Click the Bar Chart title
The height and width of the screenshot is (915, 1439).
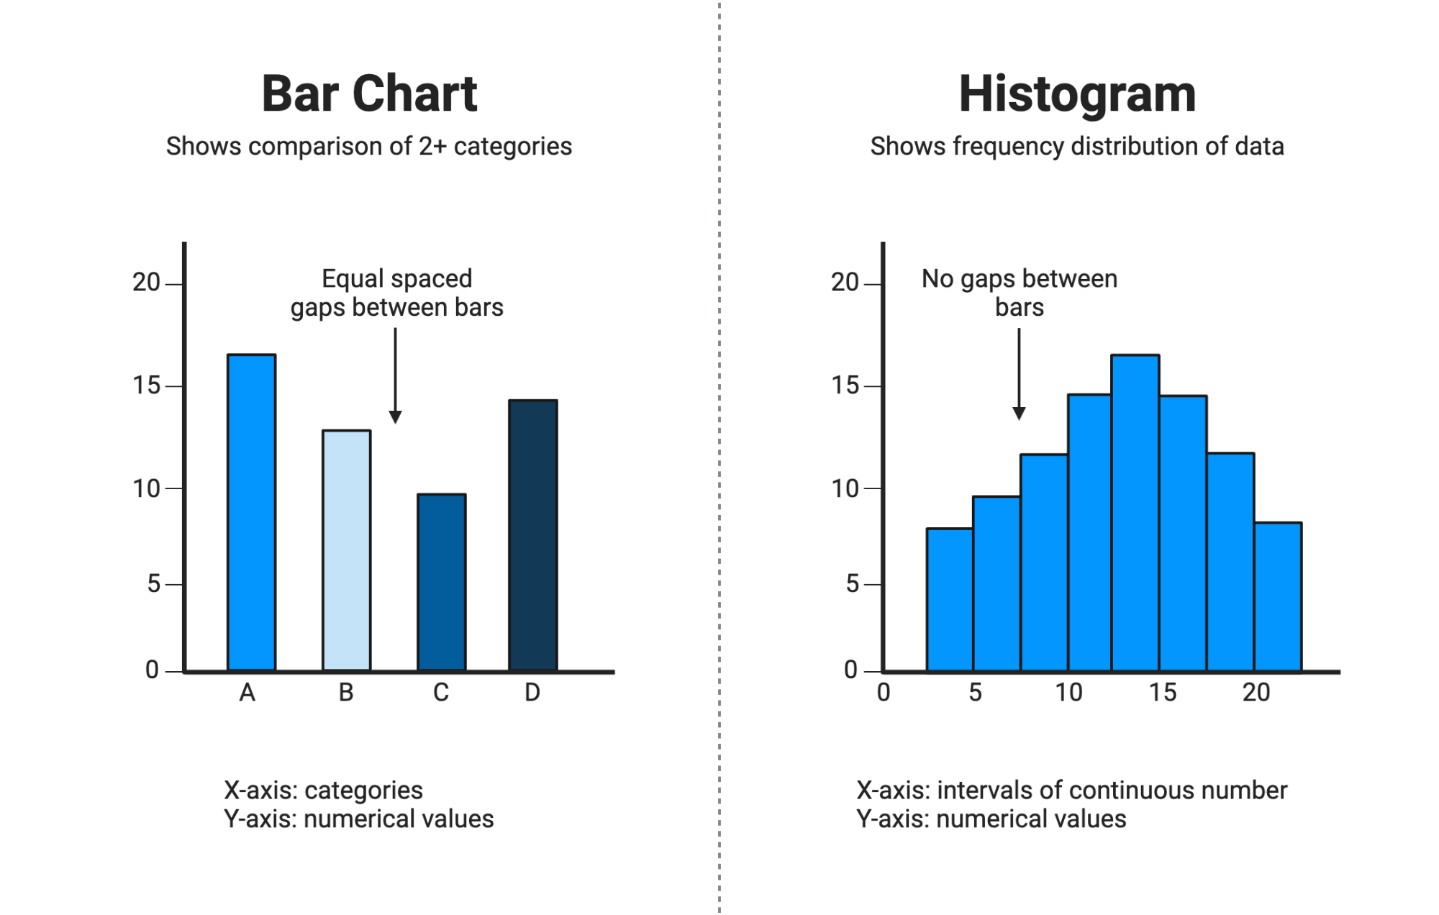tap(369, 94)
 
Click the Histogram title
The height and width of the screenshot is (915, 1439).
tap(1077, 94)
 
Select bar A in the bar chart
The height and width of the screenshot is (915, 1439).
tap(252, 513)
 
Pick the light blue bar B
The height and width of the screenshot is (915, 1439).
tap(347, 551)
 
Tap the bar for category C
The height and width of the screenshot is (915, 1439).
tap(442, 583)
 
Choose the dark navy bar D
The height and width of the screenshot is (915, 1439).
tap(533, 536)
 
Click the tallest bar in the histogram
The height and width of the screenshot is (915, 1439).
tap(1135, 513)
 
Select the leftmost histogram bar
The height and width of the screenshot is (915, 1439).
tap(950, 600)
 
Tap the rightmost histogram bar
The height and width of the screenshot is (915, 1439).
tap(1278, 597)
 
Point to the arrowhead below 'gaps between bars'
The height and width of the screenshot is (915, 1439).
tap(395, 417)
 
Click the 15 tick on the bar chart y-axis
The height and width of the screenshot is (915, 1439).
tap(147, 386)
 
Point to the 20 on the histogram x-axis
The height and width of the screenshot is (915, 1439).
tap(1256, 693)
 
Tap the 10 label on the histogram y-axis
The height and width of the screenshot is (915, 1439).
tap(845, 489)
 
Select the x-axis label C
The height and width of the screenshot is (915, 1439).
tap(441, 693)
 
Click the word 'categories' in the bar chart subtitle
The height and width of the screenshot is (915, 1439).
tap(512, 147)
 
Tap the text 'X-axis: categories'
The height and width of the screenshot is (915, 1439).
tap(323, 791)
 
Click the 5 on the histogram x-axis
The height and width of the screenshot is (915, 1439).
tap(975, 693)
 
